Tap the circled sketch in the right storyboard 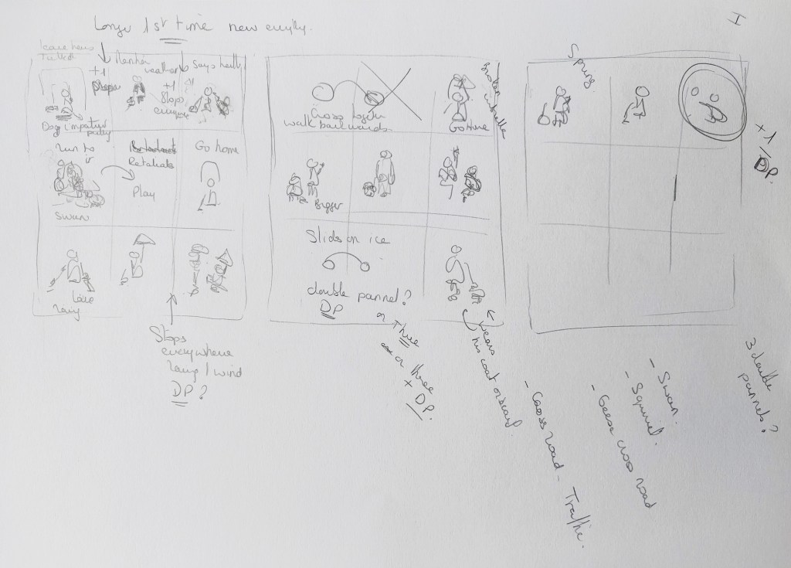[x=707, y=100]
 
